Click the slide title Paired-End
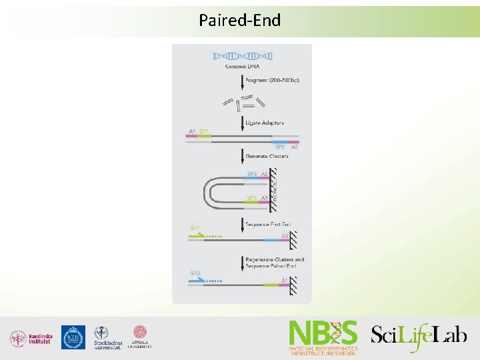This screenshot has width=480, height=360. pos(239,20)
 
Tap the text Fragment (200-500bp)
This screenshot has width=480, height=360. pos(272,81)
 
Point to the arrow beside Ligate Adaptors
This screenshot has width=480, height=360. pos(241,123)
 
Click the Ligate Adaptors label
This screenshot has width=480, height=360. pos(265,123)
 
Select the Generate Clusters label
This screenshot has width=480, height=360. pos(267,156)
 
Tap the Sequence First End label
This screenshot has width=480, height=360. pos(268,225)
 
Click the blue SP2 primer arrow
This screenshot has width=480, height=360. pos(198,280)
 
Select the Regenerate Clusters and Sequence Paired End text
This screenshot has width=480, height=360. pos(274,263)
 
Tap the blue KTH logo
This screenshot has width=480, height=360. pos(73,337)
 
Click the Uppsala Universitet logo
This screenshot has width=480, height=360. pos(140,337)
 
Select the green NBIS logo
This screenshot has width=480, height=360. pos(323,337)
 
